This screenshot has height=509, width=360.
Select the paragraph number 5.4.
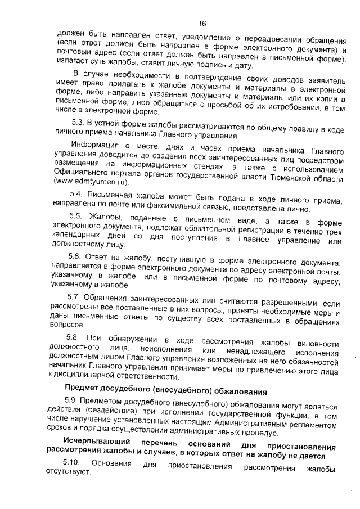(77, 193)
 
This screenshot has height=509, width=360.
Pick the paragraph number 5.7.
(75, 296)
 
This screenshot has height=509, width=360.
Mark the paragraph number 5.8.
(74, 336)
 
